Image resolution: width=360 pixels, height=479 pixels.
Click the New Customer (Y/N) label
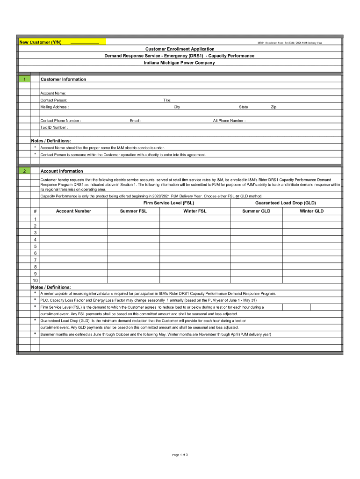40,43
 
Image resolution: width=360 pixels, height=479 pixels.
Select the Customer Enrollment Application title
180,49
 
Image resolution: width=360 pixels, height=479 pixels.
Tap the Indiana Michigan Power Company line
180,63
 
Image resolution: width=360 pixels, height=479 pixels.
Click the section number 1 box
24,80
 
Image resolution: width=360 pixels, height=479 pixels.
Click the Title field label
167,100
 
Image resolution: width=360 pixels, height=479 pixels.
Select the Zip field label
274,107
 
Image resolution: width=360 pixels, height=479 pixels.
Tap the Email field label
136,121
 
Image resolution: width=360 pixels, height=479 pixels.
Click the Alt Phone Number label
229,121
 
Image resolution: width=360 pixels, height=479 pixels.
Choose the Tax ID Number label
54,127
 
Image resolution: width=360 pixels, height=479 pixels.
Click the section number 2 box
24,171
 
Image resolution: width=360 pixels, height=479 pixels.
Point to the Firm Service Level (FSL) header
168,203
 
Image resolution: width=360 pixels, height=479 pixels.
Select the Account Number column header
73,211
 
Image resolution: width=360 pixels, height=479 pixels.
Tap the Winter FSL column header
194,211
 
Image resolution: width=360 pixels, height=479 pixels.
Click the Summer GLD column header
256,211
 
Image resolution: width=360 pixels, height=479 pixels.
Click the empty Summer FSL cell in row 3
133,232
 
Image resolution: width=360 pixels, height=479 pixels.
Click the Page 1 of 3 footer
180,455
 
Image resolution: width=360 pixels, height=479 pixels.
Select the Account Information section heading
62,171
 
